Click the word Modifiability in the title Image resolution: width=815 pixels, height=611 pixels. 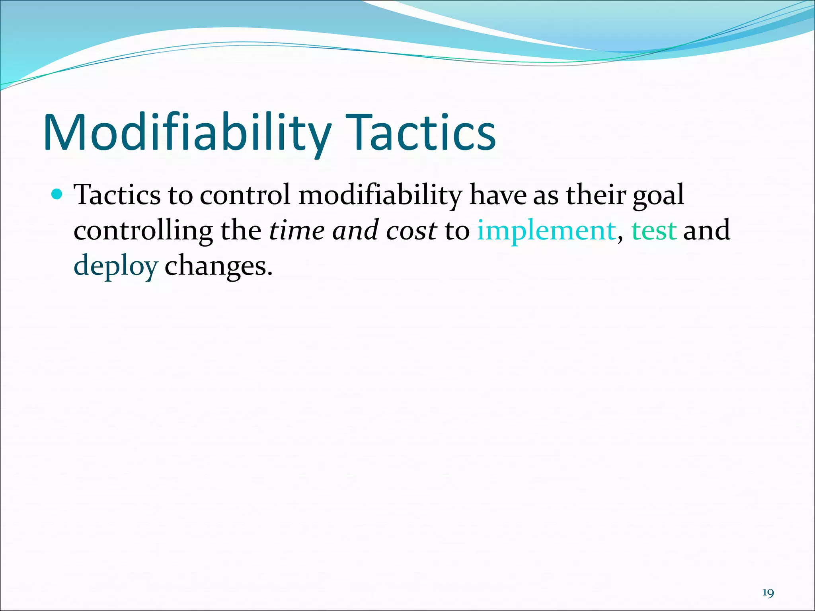coord(187,133)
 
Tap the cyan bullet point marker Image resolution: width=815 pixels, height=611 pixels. coord(57,195)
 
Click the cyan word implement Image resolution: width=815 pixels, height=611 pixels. coord(546,231)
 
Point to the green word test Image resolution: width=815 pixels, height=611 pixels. coord(654,231)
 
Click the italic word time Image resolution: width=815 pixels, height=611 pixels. coord(296,231)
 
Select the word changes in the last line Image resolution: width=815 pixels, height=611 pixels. coord(218,266)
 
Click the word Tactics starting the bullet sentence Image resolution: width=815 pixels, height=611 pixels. coord(118,195)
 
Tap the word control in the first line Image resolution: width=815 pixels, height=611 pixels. coord(245,195)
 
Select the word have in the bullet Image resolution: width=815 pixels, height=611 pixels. coord(498,195)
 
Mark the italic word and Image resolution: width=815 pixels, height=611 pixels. coord(355,231)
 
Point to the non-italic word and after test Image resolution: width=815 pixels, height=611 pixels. coord(706,231)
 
